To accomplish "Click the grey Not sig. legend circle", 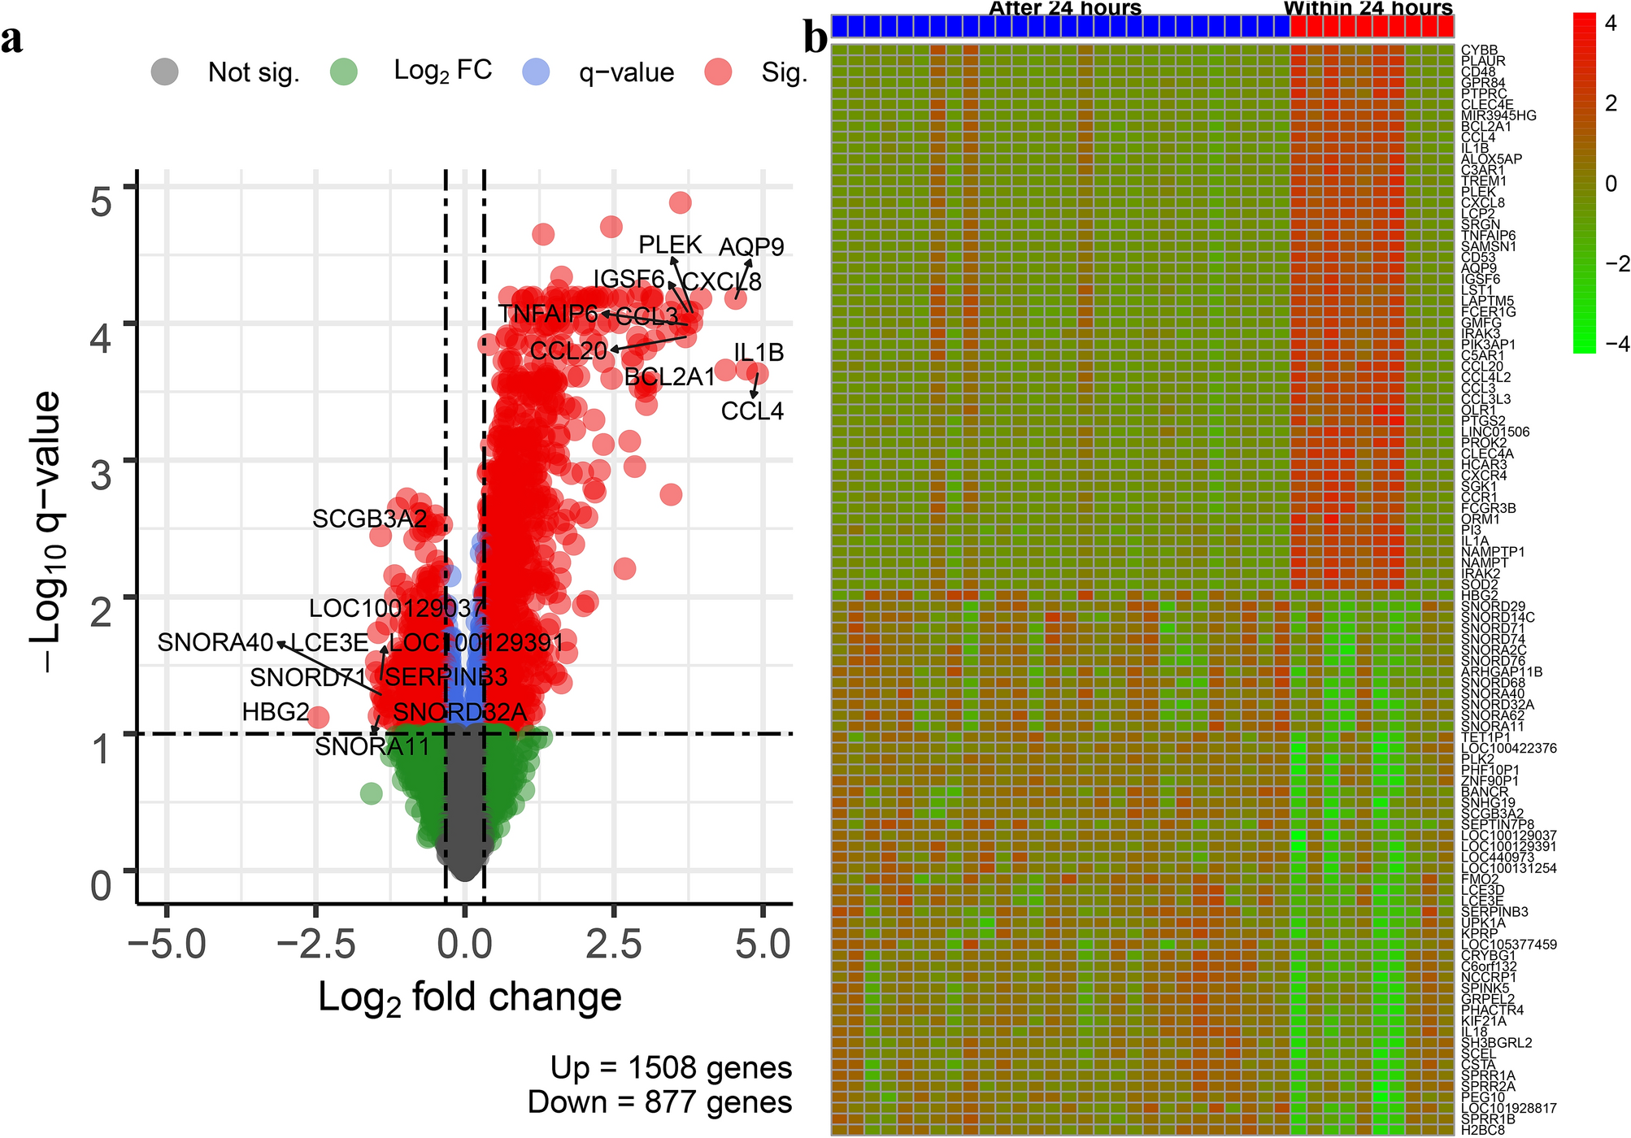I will coord(165,72).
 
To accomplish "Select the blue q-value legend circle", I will coord(536,72).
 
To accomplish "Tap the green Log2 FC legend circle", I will coord(344,72).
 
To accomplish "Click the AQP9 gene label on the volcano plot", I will coord(751,247).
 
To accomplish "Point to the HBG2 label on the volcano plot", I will coord(276,713).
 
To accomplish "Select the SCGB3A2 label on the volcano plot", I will coord(369,519).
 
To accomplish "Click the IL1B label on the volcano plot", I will coord(759,353).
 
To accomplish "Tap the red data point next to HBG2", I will coord(318,717).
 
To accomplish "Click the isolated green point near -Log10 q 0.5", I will coord(371,793).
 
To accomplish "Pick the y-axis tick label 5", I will coord(101,202).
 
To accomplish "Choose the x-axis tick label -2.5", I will coord(315,945).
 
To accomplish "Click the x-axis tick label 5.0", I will coord(763,945).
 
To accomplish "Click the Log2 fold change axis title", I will coord(469,997).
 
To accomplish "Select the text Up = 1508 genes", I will coord(671,1068).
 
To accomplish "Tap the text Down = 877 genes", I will coord(659,1103).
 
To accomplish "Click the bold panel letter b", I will coord(815,38).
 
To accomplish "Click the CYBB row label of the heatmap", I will coord(1479,50).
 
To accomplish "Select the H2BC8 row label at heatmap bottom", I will coord(1482,1130).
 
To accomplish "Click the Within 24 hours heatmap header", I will coord(1368,8).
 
